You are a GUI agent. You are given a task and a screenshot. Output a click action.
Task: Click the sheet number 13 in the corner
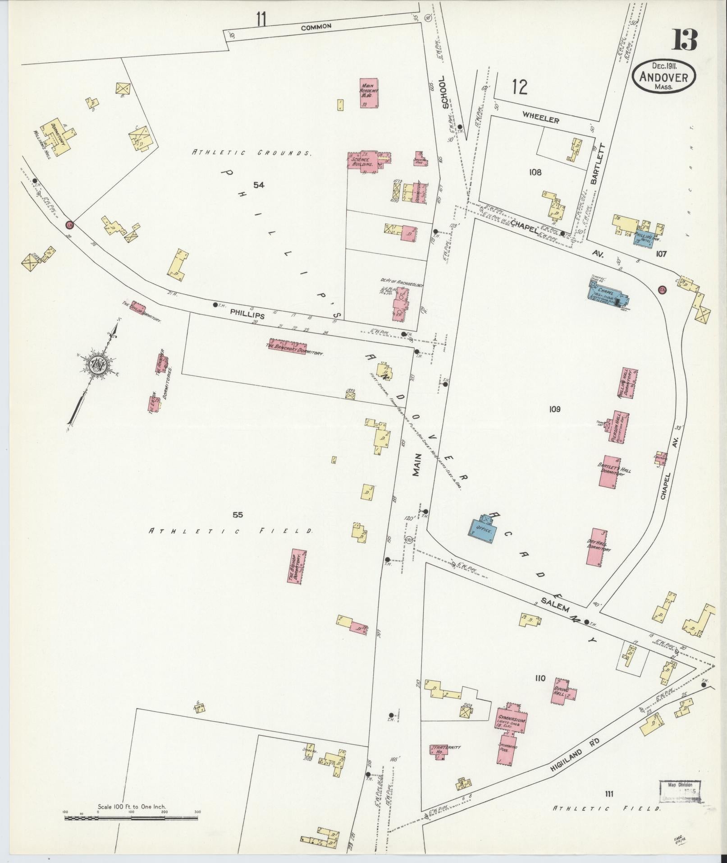pyautogui.click(x=685, y=40)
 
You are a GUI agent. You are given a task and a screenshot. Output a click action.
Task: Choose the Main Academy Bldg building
pyautogui.click(x=369, y=93)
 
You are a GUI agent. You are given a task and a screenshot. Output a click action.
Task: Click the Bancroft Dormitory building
pyautogui.click(x=287, y=346)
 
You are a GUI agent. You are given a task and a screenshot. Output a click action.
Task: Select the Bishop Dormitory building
pyautogui.click(x=297, y=568)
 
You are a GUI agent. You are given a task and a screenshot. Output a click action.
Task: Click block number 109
pyautogui.click(x=554, y=409)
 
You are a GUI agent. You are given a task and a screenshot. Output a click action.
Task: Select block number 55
pyautogui.click(x=238, y=515)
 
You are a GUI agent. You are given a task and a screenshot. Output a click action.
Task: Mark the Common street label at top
pyautogui.click(x=316, y=27)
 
